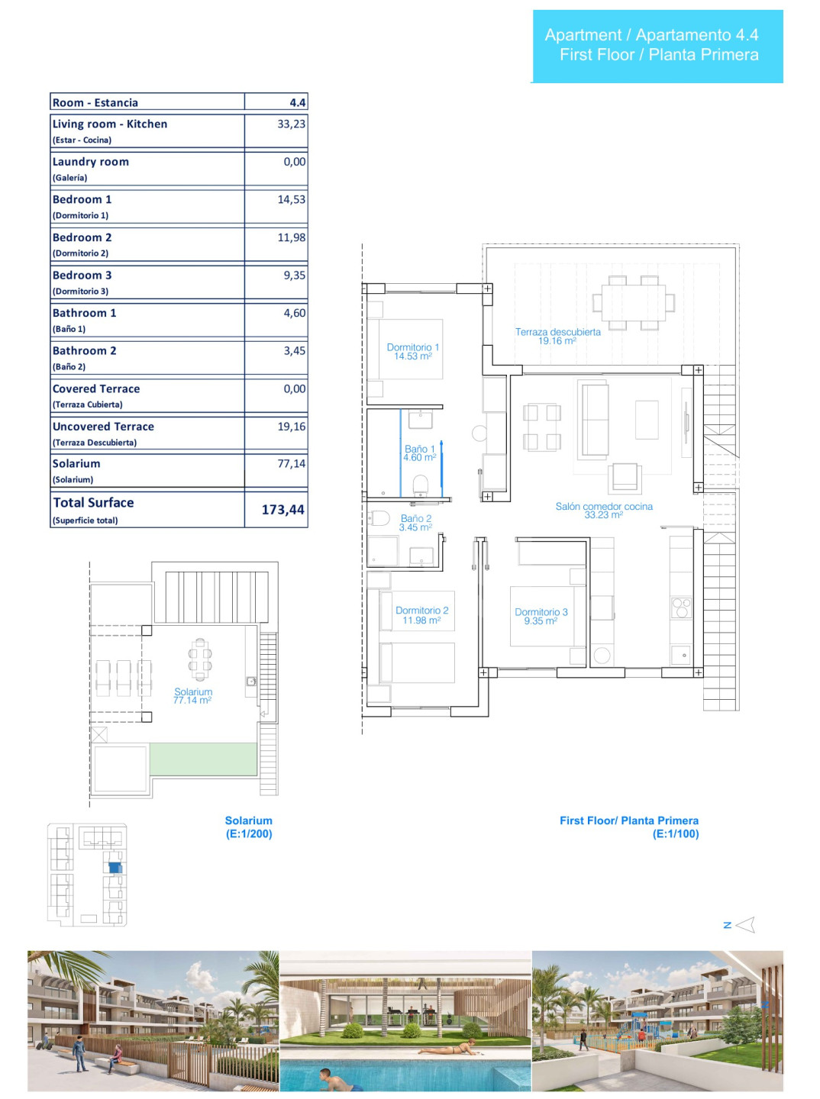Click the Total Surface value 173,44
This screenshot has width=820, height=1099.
(x=283, y=510)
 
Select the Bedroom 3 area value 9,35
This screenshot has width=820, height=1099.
(x=295, y=276)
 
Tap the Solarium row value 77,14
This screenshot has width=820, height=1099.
(x=292, y=463)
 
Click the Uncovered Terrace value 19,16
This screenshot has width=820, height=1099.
(x=292, y=427)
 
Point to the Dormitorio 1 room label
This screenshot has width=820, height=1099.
(x=413, y=352)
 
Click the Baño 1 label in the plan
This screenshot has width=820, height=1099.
(x=420, y=453)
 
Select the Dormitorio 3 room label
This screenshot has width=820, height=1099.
(x=541, y=617)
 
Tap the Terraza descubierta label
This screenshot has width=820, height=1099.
(x=557, y=336)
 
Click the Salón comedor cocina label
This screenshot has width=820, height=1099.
(x=604, y=511)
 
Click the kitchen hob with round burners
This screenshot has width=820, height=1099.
(x=681, y=608)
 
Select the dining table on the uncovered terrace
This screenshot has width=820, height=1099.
(x=634, y=303)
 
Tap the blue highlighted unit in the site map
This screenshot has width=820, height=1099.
(x=115, y=868)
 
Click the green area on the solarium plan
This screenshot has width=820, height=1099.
(x=203, y=759)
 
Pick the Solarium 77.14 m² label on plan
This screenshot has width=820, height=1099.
(x=193, y=696)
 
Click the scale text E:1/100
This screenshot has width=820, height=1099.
(x=675, y=833)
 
